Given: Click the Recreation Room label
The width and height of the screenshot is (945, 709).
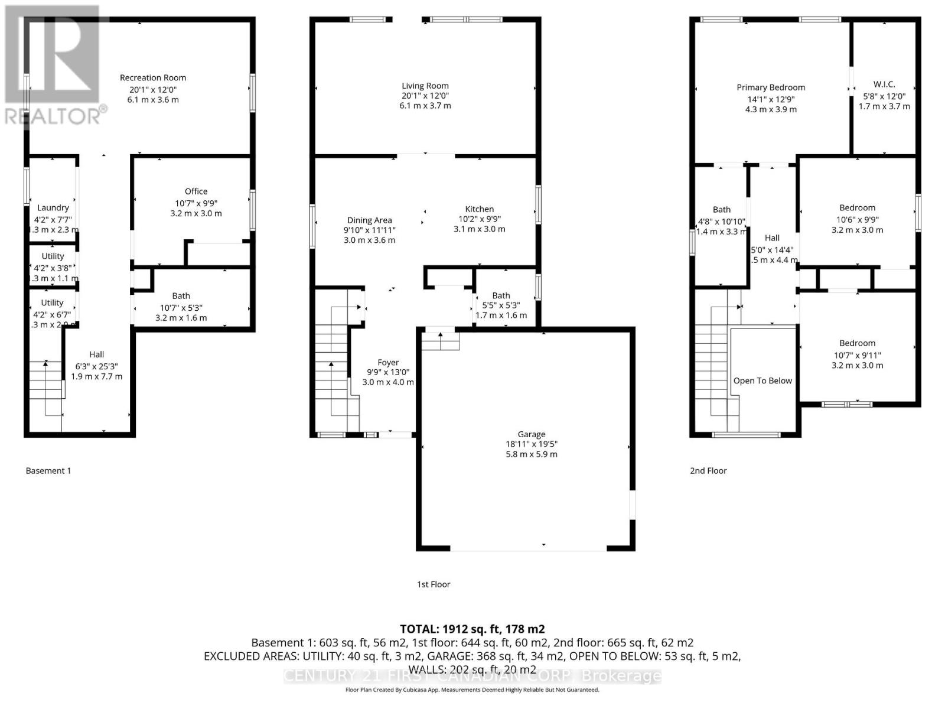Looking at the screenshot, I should click(x=153, y=77).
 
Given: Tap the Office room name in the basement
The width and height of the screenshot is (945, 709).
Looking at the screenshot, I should click(x=196, y=191).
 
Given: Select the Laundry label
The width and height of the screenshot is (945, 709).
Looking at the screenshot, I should click(x=53, y=207).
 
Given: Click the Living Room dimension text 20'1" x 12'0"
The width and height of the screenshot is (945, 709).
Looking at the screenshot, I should click(x=425, y=96).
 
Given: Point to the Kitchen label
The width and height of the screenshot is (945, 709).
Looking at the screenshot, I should click(x=479, y=209).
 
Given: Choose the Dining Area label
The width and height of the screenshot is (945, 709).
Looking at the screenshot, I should click(x=370, y=220).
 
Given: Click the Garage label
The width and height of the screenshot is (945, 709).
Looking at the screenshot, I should click(x=532, y=434).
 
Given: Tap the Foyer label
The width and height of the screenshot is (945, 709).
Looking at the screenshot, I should click(x=388, y=362).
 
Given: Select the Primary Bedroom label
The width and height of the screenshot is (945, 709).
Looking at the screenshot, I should click(x=771, y=87).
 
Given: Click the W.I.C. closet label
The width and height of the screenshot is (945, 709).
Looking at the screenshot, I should click(x=884, y=84).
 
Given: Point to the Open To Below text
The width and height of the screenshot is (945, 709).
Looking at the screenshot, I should click(x=762, y=380).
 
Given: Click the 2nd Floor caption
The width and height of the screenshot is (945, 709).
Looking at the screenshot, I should click(x=708, y=471).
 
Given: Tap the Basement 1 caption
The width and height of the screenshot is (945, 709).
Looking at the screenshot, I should click(x=48, y=471).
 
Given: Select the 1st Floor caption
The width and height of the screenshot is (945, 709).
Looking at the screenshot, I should click(x=434, y=584).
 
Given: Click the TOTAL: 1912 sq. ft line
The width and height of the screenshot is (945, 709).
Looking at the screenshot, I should click(x=472, y=629).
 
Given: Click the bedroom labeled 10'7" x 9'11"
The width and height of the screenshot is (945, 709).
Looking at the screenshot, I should click(x=857, y=355).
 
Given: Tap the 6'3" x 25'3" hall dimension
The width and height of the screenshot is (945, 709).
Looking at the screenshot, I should click(x=97, y=366).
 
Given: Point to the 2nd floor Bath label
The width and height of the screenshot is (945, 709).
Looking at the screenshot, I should click(x=722, y=209).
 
